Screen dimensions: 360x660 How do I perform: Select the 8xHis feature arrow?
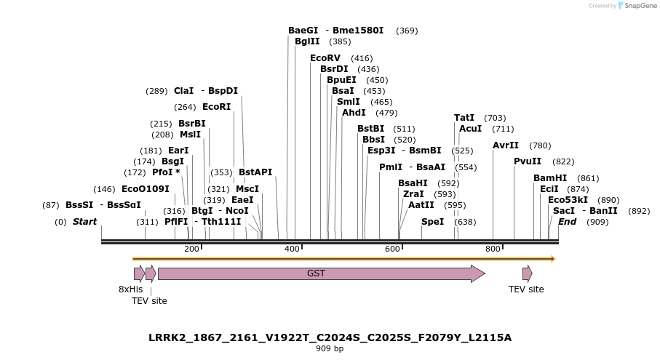coord(138,273)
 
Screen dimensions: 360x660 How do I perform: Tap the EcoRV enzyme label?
coord(325,58)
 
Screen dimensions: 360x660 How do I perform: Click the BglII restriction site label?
coord(307,41)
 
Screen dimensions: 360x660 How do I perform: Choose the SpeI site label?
coord(432,221)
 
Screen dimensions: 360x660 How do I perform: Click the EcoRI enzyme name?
coord(216,107)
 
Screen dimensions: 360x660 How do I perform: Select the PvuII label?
coord(528,161)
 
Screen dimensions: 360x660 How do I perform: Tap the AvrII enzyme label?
coord(506,145)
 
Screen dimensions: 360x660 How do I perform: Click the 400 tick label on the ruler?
coord(292,249)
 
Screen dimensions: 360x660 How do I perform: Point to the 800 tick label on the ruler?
coord(493,249)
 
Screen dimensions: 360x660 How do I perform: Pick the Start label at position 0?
coord(84,221)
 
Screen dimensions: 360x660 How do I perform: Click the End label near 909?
coord(567,221)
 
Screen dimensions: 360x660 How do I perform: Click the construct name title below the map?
coord(330,337)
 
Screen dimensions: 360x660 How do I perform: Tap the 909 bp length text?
coord(330,349)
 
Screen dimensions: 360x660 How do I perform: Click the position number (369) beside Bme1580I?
coord(407,31)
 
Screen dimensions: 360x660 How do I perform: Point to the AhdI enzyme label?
coord(354,113)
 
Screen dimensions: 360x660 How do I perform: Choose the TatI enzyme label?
coord(464,118)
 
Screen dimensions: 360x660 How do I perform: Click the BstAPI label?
coord(255,172)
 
